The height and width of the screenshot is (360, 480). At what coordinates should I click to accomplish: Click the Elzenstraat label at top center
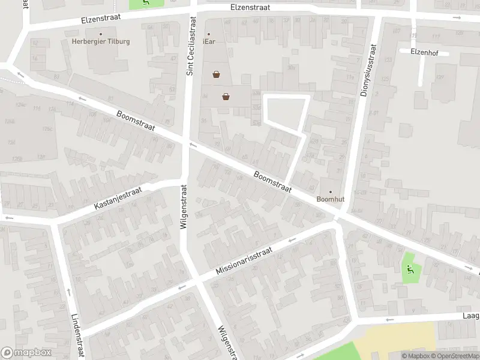pyautogui.click(x=250, y=7)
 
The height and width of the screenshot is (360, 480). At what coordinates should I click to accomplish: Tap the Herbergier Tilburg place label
pyautogui.click(x=100, y=41)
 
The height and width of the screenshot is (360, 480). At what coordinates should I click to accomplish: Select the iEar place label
pyautogui.click(x=209, y=41)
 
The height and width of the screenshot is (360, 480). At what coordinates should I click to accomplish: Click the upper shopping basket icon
pyautogui.click(x=216, y=75)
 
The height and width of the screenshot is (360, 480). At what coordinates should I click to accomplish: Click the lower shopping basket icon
pyautogui.click(x=226, y=96)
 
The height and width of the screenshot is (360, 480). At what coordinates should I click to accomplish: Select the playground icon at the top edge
pyautogui.click(x=147, y=2)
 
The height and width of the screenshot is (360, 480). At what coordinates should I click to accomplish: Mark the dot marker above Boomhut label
pyautogui.click(x=329, y=192)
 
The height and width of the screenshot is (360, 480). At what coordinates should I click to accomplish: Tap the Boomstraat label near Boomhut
pyautogui.click(x=272, y=182)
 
